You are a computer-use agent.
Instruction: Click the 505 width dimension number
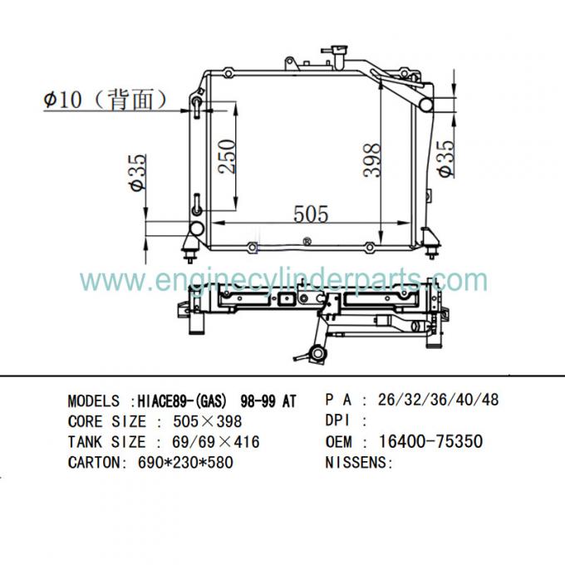tap(312, 214)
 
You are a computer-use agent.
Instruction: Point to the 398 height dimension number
tap(372, 160)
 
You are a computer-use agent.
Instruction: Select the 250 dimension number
tap(227, 155)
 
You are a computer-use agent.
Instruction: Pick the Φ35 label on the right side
tap(446, 157)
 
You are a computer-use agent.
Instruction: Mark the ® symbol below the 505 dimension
tap(307, 242)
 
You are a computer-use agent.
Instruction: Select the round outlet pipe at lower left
tap(197, 229)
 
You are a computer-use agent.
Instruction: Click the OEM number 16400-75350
tap(430, 441)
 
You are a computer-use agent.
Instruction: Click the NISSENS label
tap(358, 463)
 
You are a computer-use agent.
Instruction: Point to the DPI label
tap(341, 421)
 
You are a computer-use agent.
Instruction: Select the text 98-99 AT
tap(265, 400)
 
